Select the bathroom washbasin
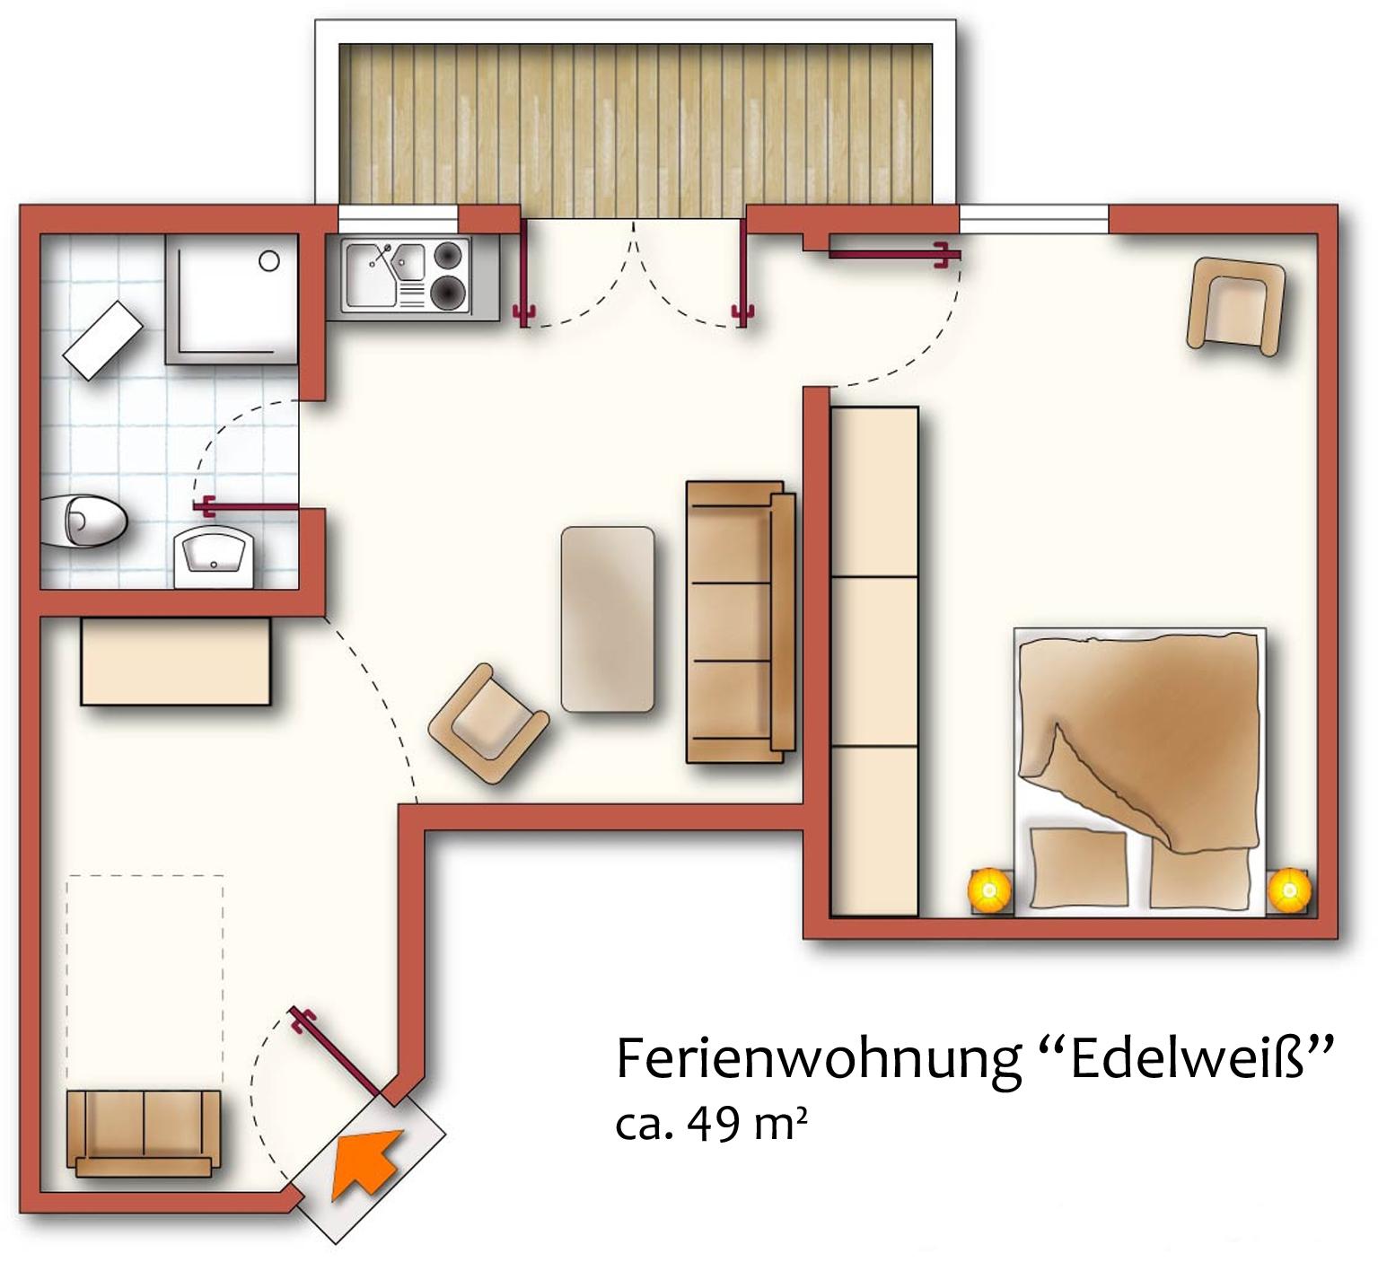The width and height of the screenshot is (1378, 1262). click(x=214, y=557)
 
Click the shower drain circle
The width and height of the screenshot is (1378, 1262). click(x=269, y=261)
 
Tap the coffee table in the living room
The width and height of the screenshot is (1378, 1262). click(x=608, y=619)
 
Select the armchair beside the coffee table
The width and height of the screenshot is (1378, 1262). click(x=488, y=723)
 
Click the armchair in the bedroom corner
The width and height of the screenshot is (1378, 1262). click(x=1236, y=303)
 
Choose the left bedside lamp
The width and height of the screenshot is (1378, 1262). click(x=989, y=889)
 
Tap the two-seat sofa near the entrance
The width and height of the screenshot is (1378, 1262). click(x=144, y=1133)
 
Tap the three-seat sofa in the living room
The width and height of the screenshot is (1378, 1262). click(x=741, y=621)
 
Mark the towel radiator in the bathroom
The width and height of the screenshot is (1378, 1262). click(x=102, y=337)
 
